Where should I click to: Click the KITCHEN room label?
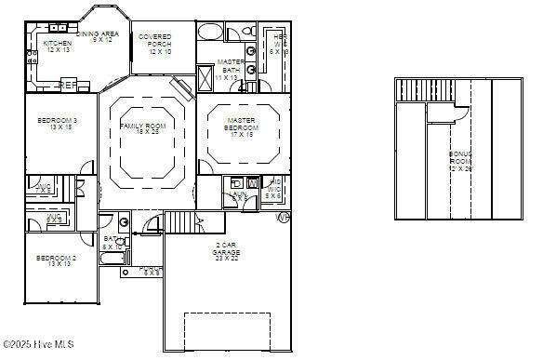point(57,47)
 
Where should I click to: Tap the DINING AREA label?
point(98,36)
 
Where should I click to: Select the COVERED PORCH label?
point(154,44)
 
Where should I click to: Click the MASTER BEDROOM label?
point(242,128)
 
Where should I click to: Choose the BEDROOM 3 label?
point(57,124)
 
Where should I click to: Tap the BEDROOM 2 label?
point(55,260)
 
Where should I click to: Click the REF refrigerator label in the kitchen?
point(67,85)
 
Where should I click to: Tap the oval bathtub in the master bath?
point(210,33)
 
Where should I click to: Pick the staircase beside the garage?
point(183,222)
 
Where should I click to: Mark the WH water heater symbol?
point(283,217)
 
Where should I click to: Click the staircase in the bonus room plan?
point(422,90)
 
